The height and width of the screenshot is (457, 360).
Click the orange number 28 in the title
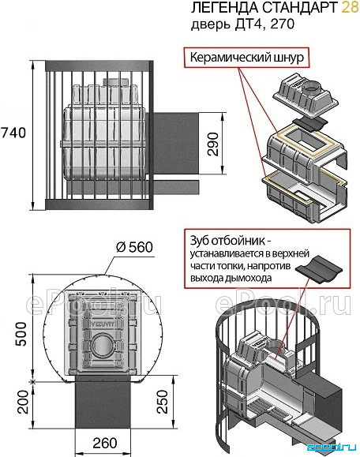coord(350,8)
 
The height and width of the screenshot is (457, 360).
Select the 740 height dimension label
coord(13,133)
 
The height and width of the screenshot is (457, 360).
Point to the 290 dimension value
coord(213,144)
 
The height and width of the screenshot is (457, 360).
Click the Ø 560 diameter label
coord(134,247)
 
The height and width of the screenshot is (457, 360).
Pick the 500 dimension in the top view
coord(21,334)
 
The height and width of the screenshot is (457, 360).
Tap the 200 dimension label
coord(23,402)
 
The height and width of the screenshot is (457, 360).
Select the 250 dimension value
coord(163,402)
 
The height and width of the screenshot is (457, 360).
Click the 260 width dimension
coord(105,444)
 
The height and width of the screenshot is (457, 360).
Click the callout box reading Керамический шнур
coord(246,57)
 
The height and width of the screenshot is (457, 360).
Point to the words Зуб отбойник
coord(227,241)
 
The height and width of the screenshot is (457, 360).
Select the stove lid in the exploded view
coord(306,95)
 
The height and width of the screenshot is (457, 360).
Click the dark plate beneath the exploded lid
coord(309,125)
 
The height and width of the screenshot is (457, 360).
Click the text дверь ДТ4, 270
coord(242,24)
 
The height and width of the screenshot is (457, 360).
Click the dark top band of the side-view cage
coord(99,66)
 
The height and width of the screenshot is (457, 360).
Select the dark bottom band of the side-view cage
coord(99,204)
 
